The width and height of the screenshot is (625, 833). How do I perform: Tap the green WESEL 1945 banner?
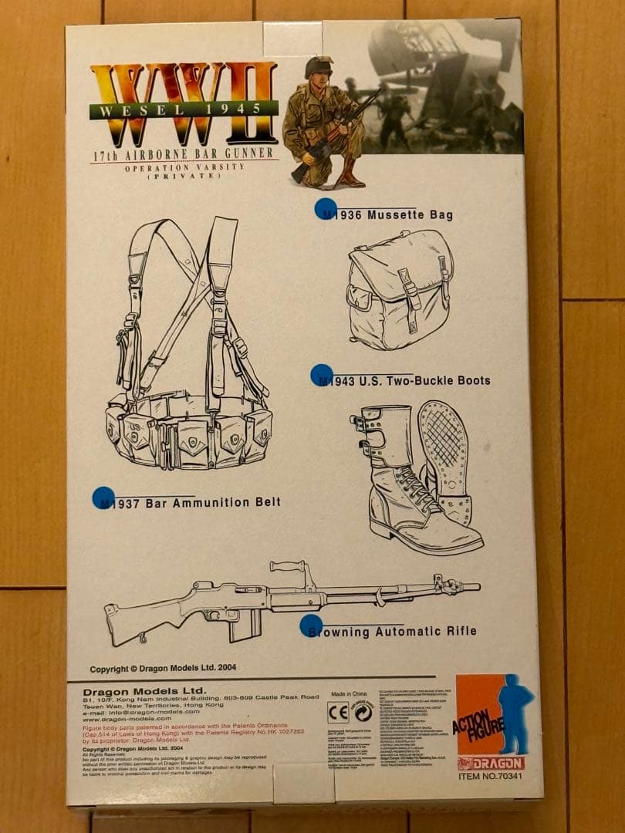coord(183,109)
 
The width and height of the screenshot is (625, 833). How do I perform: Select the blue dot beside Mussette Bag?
coord(325,209)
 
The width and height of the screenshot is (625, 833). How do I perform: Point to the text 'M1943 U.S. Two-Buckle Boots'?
coord(406,380)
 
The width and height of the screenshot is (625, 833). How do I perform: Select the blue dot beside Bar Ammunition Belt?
coord(103,497)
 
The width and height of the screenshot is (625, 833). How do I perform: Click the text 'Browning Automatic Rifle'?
coord(392,632)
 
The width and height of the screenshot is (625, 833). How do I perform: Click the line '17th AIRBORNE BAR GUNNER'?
coord(184,155)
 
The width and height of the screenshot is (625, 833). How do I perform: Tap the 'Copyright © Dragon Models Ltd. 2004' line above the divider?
coord(163,669)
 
